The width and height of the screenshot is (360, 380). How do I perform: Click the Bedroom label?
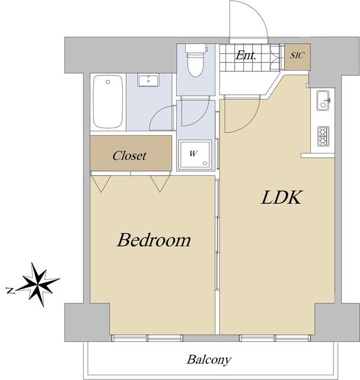(154, 240)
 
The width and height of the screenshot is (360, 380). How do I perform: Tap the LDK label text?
(282, 197)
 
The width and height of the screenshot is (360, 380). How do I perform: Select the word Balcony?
(209, 360)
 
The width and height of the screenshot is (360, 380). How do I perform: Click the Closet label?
(129, 156)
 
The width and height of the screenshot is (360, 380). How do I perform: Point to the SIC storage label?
(297, 55)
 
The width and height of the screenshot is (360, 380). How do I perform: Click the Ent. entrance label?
(246, 55)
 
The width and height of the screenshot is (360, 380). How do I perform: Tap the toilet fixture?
(196, 60)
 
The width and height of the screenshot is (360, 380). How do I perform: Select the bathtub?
(108, 102)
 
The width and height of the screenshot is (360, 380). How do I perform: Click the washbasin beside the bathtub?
(148, 80)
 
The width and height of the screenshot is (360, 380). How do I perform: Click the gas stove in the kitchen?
(324, 137)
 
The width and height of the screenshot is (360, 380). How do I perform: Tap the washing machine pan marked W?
(195, 154)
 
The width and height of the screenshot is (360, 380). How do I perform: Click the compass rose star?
(39, 284)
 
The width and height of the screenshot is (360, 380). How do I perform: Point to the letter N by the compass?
(10, 290)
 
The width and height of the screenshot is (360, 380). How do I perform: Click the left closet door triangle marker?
(101, 184)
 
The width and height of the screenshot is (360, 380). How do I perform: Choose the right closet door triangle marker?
(160, 184)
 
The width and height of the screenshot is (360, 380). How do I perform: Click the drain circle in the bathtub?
(108, 82)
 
